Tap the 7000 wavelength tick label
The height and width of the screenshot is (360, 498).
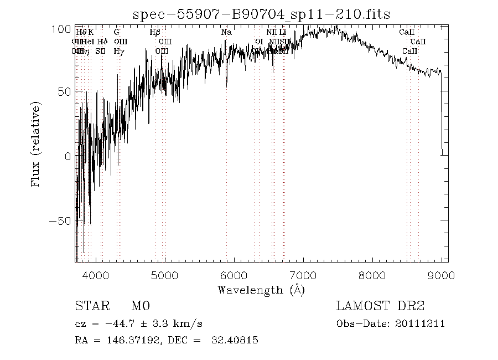coord(303,275)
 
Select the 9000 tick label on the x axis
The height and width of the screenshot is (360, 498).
coord(441,275)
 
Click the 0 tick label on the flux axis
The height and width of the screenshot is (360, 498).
coord(68,157)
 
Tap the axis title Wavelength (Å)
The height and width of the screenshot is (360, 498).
coord(261,290)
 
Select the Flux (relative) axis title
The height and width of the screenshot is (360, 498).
coord(37,144)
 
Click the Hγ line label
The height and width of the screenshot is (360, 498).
coord(118,51)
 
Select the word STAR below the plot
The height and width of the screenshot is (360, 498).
coord(89,306)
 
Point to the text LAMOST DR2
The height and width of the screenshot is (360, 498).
coord(380,306)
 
